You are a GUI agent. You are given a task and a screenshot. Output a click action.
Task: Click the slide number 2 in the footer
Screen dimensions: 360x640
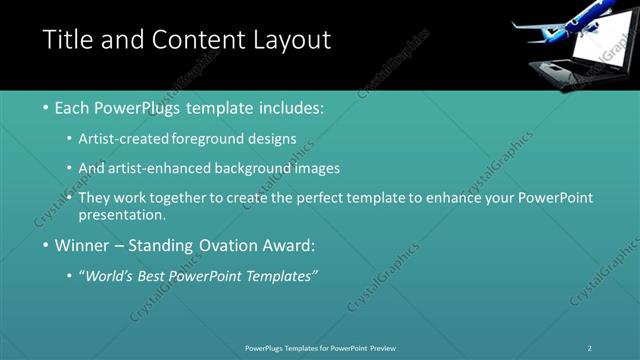590,348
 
